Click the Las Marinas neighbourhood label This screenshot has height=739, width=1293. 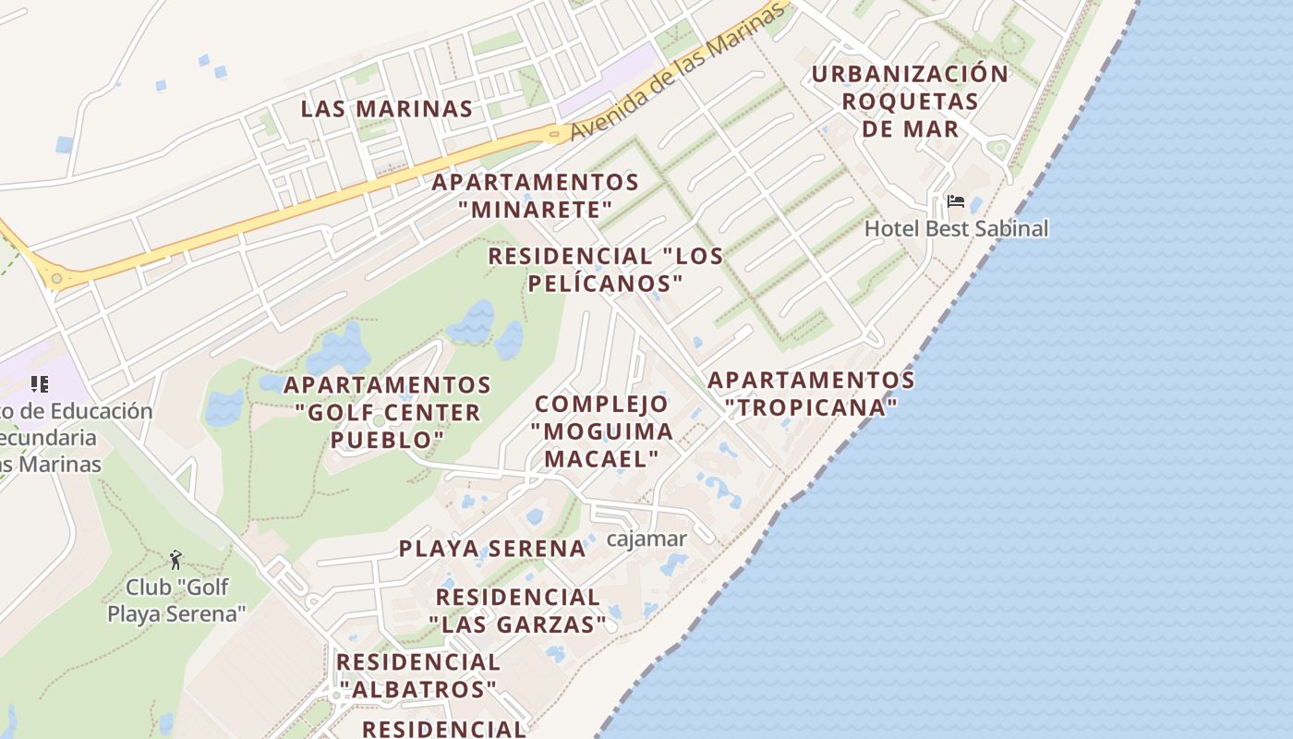tap(387, 109)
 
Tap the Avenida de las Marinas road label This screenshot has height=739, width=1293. tap(679, 73)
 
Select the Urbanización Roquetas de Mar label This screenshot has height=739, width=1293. tap(911, 101)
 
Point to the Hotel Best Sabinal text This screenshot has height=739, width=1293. tap(956, 228)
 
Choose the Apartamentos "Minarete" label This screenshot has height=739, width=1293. tap(536, 195)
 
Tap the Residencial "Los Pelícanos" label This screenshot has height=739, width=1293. tap(605, 269)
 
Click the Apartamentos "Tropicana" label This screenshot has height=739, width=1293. tap(811, 393)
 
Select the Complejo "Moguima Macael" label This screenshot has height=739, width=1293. tap(601, 430)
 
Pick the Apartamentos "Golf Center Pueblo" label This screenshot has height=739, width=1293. tap(387, 411)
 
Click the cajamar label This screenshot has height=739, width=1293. tap(646, 539)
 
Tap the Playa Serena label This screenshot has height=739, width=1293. tap(492, 549)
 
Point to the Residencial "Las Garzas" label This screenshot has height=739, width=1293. tap(518, 611)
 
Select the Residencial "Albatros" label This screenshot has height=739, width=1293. tap(417, 675)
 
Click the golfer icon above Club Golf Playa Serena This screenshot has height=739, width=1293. tap(175, 560)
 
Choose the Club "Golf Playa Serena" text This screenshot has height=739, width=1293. tap(176, 600)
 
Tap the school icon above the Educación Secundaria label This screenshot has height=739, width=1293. tap(39, 383)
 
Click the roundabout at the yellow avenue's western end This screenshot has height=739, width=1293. tap(57, 278)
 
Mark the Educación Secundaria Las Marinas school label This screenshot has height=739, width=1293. tap(65, 437)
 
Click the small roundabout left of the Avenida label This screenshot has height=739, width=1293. tap(554, 135)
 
